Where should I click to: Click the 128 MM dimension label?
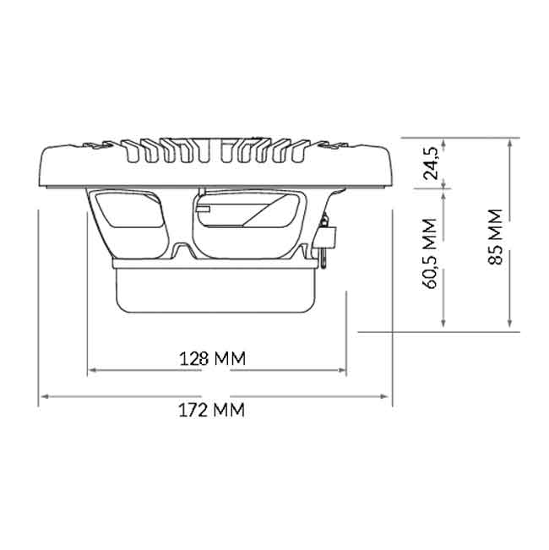coord(213,358)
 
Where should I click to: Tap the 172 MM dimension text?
coord(212,410)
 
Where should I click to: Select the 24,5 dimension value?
coord(432,163)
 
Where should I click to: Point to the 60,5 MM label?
coord(431,253)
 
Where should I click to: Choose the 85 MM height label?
coord(495,237)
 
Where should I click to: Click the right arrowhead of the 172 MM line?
coord(384,396)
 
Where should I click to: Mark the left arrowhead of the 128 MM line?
coord(93,370)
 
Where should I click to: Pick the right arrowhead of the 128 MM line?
coord(341,370)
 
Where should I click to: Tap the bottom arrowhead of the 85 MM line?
coord(510,324)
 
